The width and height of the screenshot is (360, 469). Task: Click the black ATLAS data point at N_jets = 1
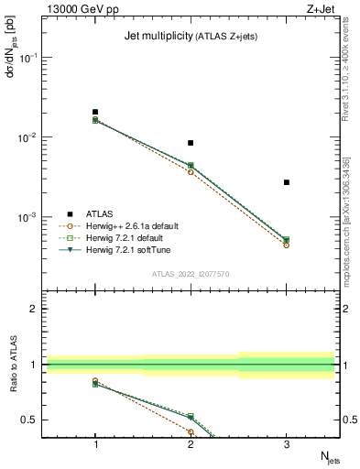(x=95, y=112)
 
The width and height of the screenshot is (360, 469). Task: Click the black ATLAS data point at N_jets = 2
(x=191, y=143)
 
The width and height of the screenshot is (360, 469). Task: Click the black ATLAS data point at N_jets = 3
(x=287, y=182)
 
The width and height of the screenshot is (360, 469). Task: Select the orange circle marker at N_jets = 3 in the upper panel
(x=287, y=245)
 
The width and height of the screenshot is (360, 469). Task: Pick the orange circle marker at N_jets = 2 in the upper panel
(x=191, y=172)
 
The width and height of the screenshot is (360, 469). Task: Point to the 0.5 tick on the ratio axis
(x=34, y=420)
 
